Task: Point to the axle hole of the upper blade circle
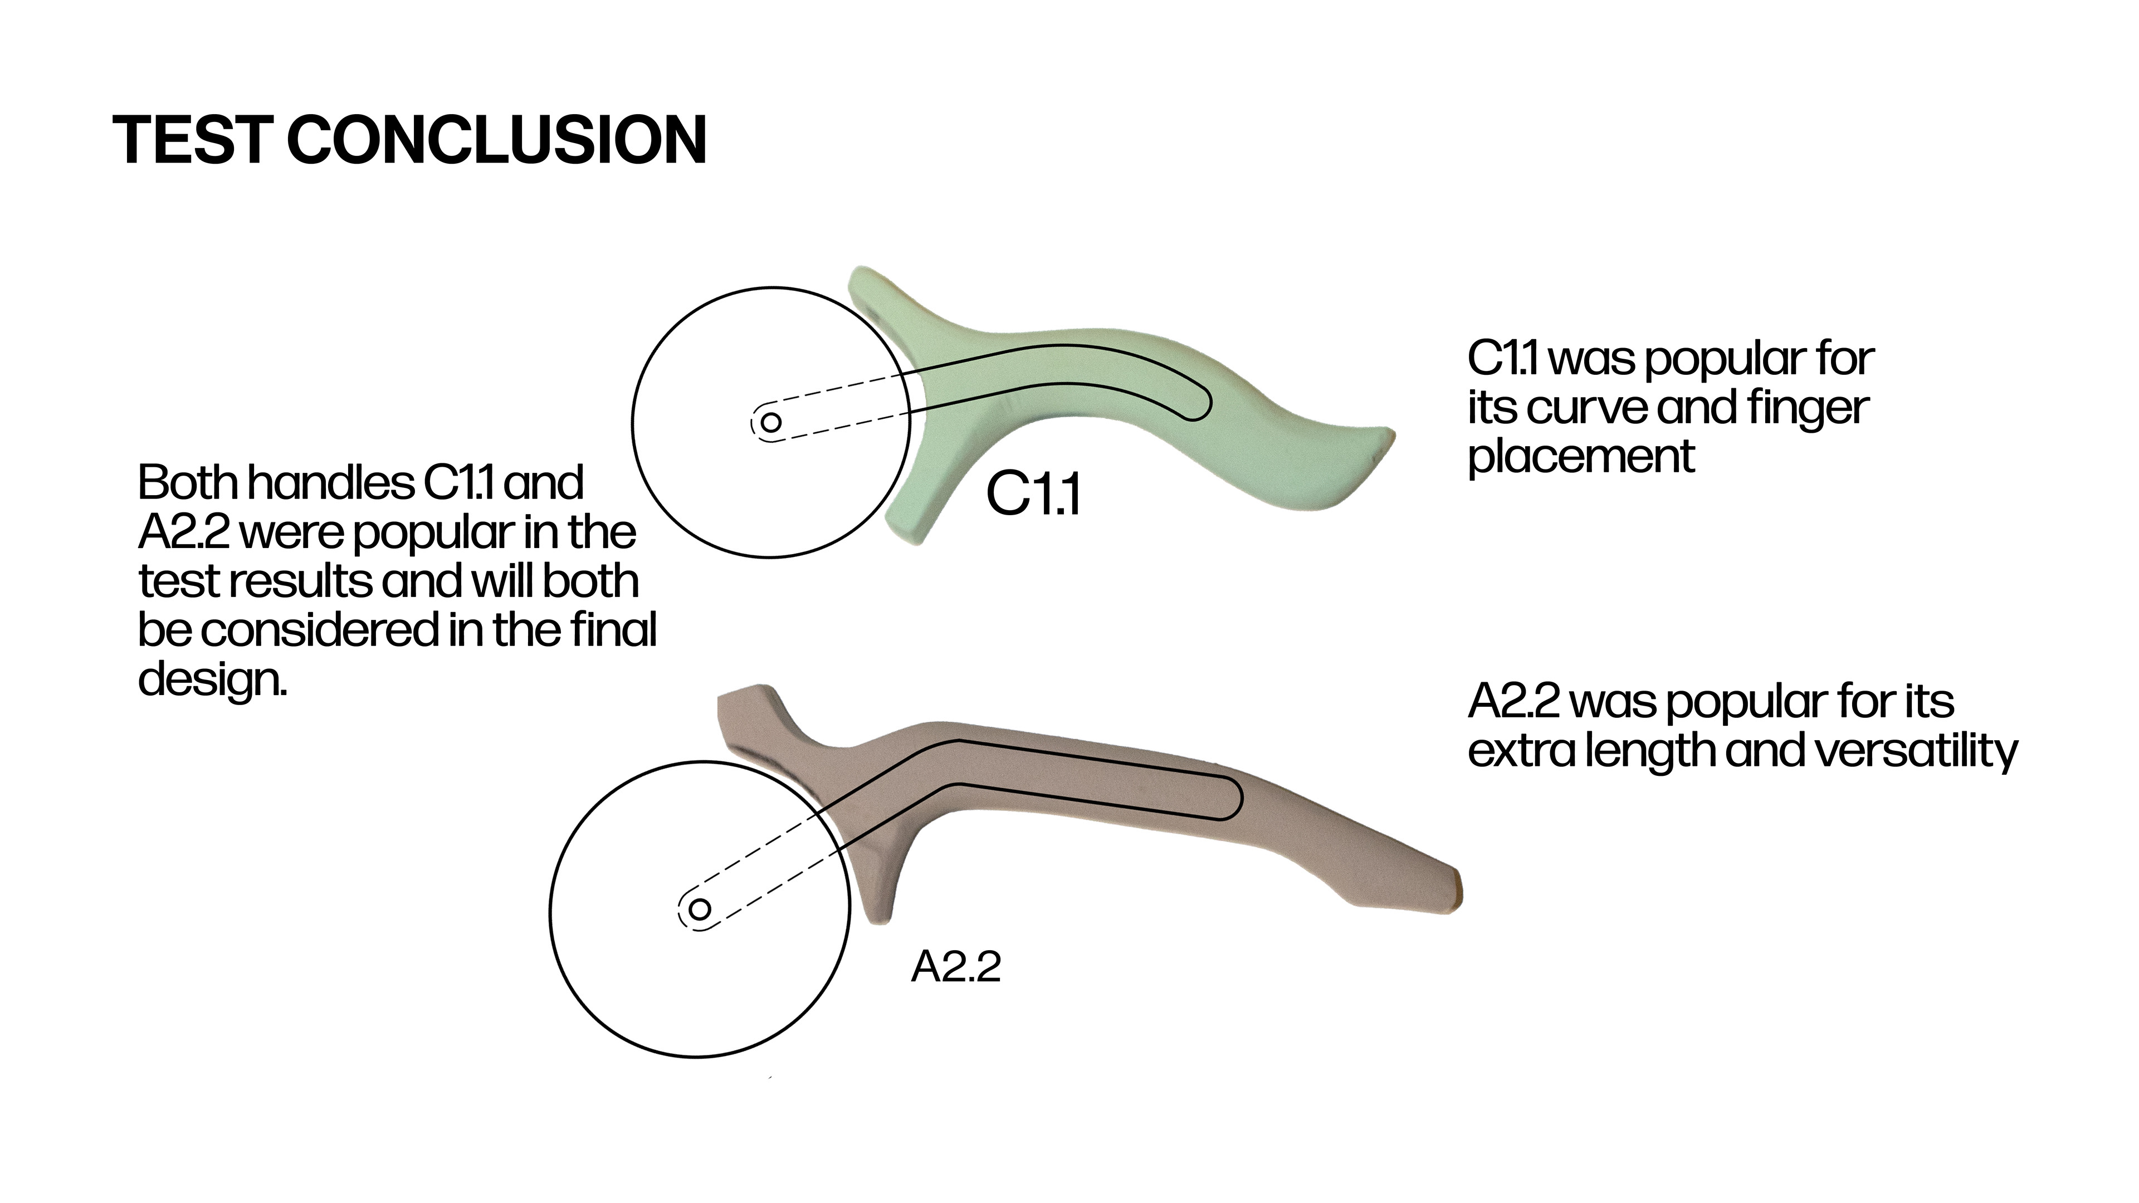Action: pos(770,422)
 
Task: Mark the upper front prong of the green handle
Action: pos(868,286)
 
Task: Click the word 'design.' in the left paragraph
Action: pos(212,679)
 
